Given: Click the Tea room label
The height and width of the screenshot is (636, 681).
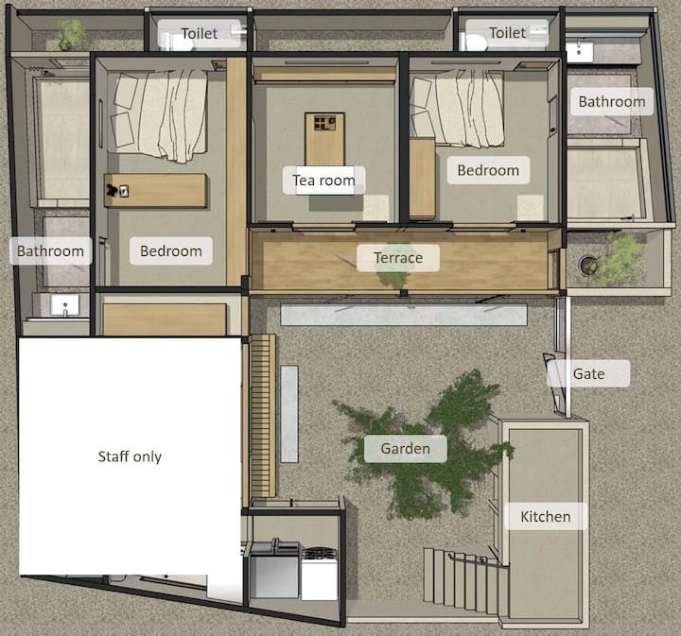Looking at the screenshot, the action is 323,180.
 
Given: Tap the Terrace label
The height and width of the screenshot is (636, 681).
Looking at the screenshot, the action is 398,258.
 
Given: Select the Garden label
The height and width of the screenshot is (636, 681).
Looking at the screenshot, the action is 405,448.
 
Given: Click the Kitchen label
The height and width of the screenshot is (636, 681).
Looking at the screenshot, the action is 546,516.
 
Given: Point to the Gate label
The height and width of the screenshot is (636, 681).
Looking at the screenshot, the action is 588,373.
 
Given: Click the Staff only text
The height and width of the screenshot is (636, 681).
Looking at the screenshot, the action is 130,456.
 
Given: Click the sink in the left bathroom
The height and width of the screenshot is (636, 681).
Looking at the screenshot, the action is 65,305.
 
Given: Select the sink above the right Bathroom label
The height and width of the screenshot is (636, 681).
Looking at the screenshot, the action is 579,50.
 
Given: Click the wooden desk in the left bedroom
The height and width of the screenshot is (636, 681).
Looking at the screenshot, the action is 155,191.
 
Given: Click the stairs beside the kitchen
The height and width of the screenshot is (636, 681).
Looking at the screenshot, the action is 465,579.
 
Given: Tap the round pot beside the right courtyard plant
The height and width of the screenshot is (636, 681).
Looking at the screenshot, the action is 588,265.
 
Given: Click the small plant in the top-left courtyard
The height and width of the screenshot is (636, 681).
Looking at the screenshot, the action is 69,35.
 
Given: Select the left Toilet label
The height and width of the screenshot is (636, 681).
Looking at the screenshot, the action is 199,33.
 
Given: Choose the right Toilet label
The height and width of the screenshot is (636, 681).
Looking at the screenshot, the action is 507,32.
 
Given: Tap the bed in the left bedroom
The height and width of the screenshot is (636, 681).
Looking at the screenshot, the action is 158,114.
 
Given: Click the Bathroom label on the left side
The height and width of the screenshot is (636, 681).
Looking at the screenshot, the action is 50,250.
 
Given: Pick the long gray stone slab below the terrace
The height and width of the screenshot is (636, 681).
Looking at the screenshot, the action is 404,314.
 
